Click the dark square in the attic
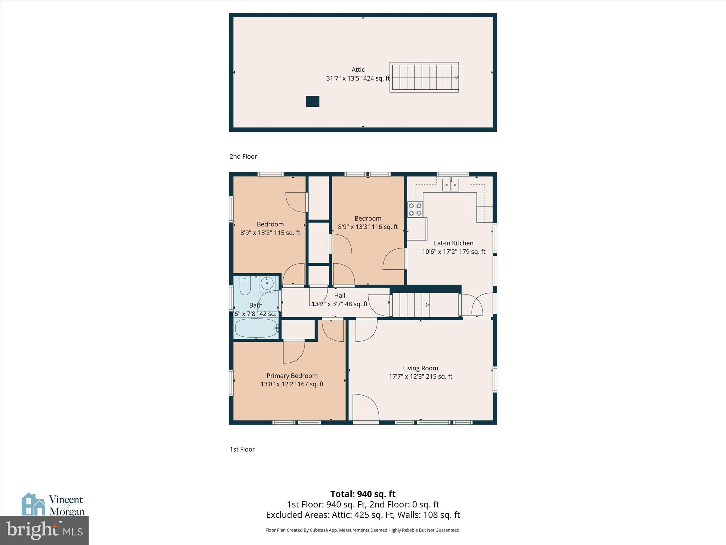pyautogui.click(x=312, y=101)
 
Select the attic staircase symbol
pyautogui.click(x=424, y=77)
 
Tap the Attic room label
pyautogui.click(x=358, y=70)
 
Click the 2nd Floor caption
pyautogui.click(x=243, y=156)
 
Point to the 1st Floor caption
pyautogui.click(x=242, y=449)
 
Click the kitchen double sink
pyautogui.click(x=451, y=185)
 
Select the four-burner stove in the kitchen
pyautogui.click(x=415, y=209)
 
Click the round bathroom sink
pyautogui.click(x=267, y=283)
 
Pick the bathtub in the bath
pyautogui.click(x=256, y=328)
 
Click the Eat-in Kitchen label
pyautogui.click(x=453, y=243)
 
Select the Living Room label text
pyautogui.click(x=420, y=368)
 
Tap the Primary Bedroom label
pyautogui.click(x=292, y=376)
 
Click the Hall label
pyautogui.click(x=340, y=296)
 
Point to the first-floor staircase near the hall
pyautogui.click(x=411, y=305)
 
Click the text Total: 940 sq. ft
pyautogui.click(x=363, y=494)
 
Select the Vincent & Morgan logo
pyautogui.click(x=53, y=505)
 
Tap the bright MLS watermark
pyautogui.click(x=44, y=530)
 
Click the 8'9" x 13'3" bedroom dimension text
pyautogui.click(x=368, y=227)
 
